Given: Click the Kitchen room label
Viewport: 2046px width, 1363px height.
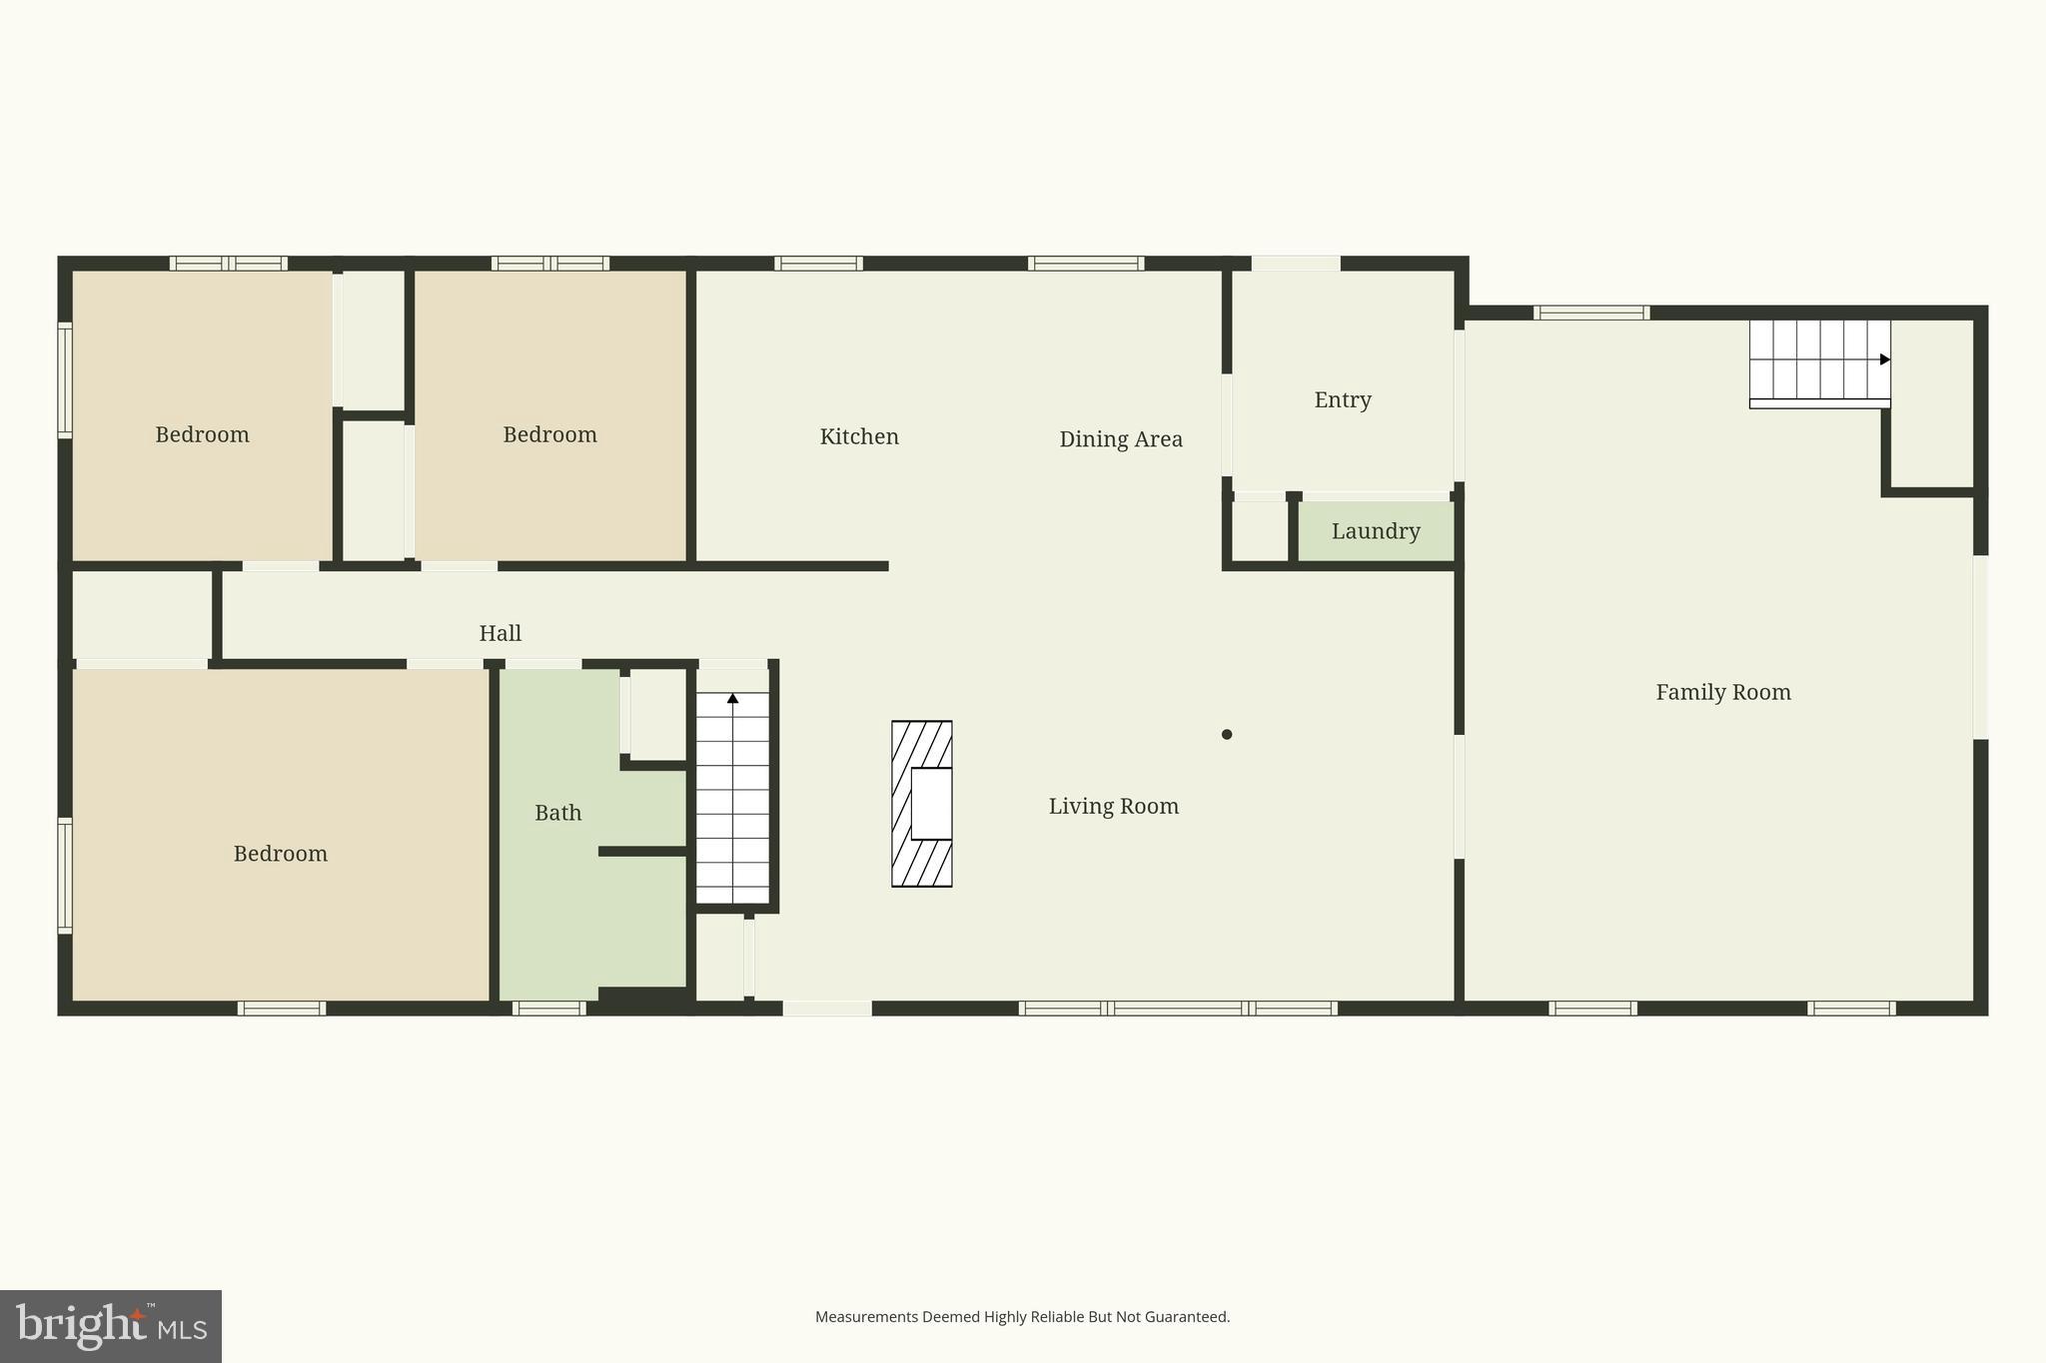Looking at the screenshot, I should point(859,436).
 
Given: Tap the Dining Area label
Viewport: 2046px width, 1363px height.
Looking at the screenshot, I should point(1120,439).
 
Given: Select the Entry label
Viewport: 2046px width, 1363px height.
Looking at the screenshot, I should point(1342,399).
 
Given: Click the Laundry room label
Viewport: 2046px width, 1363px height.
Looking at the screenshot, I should point(1376,531).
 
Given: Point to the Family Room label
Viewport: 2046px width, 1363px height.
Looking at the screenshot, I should point(1722,692).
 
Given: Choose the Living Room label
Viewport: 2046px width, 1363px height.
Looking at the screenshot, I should point(1113,806).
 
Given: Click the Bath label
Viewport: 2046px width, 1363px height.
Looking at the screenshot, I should point(557,813).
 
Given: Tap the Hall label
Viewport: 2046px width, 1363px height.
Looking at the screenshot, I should point(500,633).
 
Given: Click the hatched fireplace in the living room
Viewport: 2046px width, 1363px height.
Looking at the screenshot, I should point(921,804).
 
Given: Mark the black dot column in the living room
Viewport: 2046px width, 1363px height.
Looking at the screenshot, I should point(1227,735).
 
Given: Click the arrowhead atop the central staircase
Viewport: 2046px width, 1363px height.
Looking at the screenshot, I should point(732,698).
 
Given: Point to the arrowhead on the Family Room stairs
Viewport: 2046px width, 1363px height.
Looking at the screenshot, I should point(1884,359).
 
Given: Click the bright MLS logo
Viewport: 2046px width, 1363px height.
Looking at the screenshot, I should point(111,1326).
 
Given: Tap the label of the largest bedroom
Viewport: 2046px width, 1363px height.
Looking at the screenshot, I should point(280,854).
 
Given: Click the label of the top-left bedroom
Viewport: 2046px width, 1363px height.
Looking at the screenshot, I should point(202,434).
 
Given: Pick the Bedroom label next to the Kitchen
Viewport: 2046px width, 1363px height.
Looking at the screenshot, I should point(549,434).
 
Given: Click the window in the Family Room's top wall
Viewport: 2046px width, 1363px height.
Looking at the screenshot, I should point(1590,314).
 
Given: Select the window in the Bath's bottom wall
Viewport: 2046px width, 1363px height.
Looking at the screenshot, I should point(548,1009).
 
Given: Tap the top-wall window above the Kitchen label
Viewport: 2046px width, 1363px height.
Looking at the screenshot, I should point(818,264).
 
